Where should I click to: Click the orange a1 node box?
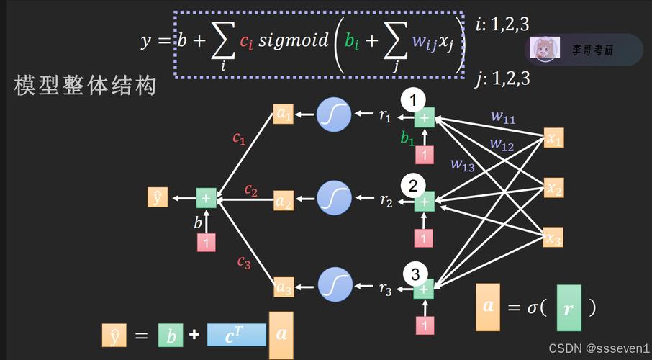click(284, 114)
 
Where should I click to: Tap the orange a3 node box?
click(284, 287)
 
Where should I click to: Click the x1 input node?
click(553, 138)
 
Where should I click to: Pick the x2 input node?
click(553, 188)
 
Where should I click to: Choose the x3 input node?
click(553, 237)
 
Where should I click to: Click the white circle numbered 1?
click(413, 99)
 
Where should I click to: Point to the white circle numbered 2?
click(413, 186)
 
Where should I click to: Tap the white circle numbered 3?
click(414, 274)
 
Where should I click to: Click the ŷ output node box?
click(158, 197)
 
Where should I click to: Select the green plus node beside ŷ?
click(206, 197)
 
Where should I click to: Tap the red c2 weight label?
click(250, 190)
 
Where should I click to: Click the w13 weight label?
click(463, 164)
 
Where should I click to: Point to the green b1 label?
click(407, 138)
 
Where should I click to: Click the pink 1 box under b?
click(206, 243)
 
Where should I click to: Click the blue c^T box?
click(237, 334)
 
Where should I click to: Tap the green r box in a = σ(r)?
click(569, 307)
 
